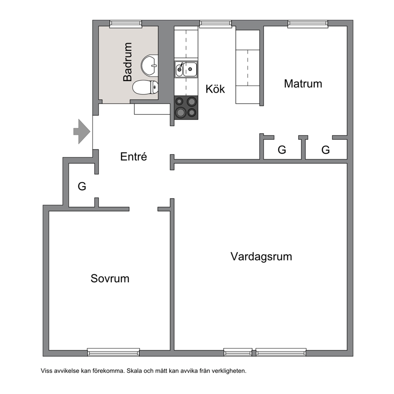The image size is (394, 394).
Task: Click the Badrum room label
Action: [127, 62]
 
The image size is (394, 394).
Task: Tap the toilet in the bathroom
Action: [145, 87]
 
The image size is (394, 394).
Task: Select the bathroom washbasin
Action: [149, 66]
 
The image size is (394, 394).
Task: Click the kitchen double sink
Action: [186, 70]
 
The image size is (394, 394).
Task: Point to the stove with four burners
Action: [186, 108]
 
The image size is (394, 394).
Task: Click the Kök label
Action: [215, 89]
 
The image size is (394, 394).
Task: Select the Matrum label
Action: [303, 84]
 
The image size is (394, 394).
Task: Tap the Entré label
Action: [133, 156]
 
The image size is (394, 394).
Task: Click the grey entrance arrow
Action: [82, 131]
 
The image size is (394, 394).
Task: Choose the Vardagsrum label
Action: [261, 257]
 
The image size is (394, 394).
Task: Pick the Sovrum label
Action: [110, 278]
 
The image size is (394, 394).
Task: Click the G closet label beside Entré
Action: [82, 186]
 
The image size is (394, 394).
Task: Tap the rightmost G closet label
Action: [325, 150]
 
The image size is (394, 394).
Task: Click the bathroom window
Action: [126, 23]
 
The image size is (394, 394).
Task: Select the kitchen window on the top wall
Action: [216, 23]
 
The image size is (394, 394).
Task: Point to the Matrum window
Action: [308, 23]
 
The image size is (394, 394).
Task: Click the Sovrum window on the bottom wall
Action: [113, 352]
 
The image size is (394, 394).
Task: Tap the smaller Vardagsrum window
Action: [238, 352]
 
